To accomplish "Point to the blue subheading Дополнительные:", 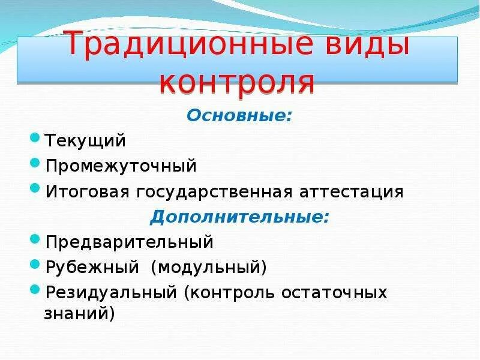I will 239,217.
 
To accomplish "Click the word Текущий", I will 84,140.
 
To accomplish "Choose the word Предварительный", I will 129,242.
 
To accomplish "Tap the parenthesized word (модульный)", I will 208,267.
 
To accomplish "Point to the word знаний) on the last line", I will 79,313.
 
